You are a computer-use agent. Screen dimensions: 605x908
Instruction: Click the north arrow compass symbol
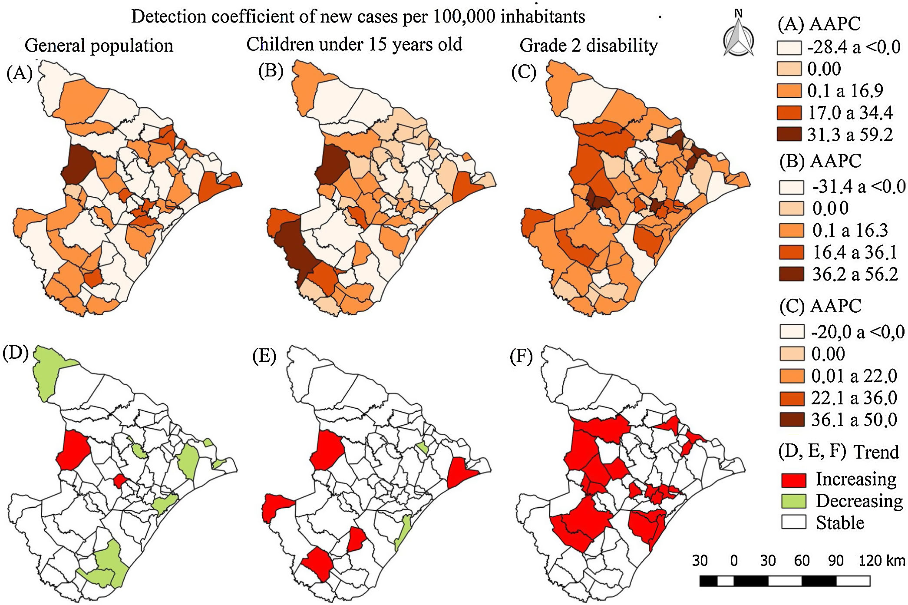738,35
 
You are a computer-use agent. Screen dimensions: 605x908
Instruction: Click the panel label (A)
20,73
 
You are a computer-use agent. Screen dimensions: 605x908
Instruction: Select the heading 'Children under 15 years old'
354,44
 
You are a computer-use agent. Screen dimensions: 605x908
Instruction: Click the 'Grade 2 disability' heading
588,45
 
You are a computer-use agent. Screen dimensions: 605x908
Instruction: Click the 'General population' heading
99,46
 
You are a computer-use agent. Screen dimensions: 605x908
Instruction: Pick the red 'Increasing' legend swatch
793,479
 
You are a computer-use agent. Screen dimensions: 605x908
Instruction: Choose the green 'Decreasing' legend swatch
793,501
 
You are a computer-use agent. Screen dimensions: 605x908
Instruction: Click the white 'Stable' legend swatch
793,522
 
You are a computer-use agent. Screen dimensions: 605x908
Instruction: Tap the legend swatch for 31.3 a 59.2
789,134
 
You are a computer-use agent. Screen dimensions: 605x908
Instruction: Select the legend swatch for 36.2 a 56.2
791,274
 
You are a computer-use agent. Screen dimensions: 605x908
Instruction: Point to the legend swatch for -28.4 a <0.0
789,47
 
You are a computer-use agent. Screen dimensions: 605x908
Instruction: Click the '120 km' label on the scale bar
882,560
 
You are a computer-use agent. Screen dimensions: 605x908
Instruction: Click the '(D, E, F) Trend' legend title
838,452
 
